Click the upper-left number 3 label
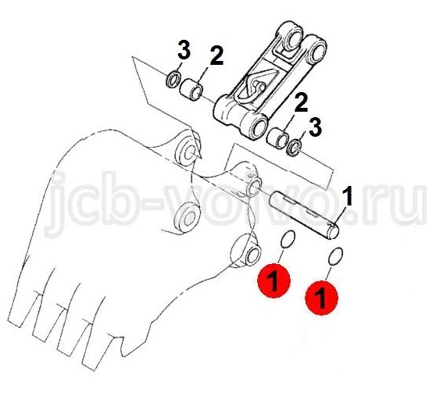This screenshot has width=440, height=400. coord(184,50)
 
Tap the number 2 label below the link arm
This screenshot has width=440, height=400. coord(301,102)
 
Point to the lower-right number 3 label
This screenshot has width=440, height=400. coord(315,127)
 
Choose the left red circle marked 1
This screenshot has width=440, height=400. coord(274,280)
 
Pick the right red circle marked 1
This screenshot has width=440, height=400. coord(321,298)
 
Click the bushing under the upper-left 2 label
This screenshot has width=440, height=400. coord(191,90)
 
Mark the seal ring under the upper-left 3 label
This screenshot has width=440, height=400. coord(173,80)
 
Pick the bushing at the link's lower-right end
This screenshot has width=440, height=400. coord(277,137)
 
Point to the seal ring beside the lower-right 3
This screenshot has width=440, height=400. coord(294,148)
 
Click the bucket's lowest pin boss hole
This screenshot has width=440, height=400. coord(253,257)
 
